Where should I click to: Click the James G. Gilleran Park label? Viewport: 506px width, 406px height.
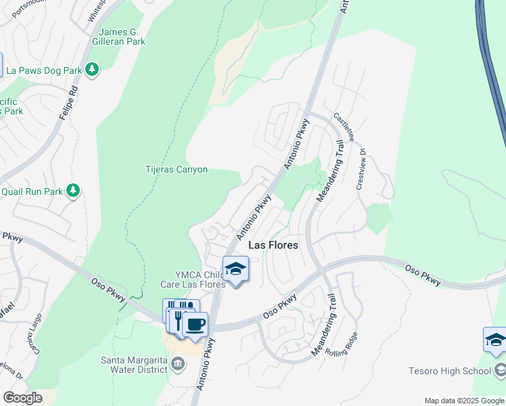pyautogui.click(x=122, y=37)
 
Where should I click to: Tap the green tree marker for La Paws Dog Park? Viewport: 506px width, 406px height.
pyautogui.click(x=92, y=69)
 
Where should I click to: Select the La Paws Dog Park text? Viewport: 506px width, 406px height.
pyautogui.click(x=44, y=69)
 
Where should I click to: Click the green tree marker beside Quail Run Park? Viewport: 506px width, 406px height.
pyautogui.click(x=74, y=191)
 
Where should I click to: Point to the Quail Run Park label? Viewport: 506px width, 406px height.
pyautogui.click(x=31, y=191)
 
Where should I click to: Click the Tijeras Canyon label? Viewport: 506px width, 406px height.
pyautogui.click(x=177, y=170)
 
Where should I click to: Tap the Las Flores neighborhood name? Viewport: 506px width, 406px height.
pyautogui.click(x=273, y=245)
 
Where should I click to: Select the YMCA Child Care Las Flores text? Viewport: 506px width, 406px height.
pyautogui.click(x=191, y=279)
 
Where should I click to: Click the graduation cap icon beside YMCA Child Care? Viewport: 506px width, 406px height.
pyautogui.click(x=235, y=269)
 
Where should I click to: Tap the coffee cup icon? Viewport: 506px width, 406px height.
pyautogui.click(x=195, y=324)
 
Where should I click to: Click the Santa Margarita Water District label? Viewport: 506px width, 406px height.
pyautogui.click(x=134, y=365)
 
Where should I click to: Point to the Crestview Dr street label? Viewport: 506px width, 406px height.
pyautogui.click(x=361, y=169)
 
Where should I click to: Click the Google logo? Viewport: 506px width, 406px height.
pyautogui.click(x=22, y=398)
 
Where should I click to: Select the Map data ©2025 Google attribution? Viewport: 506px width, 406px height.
pyautogui.click(x=464, y=401)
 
